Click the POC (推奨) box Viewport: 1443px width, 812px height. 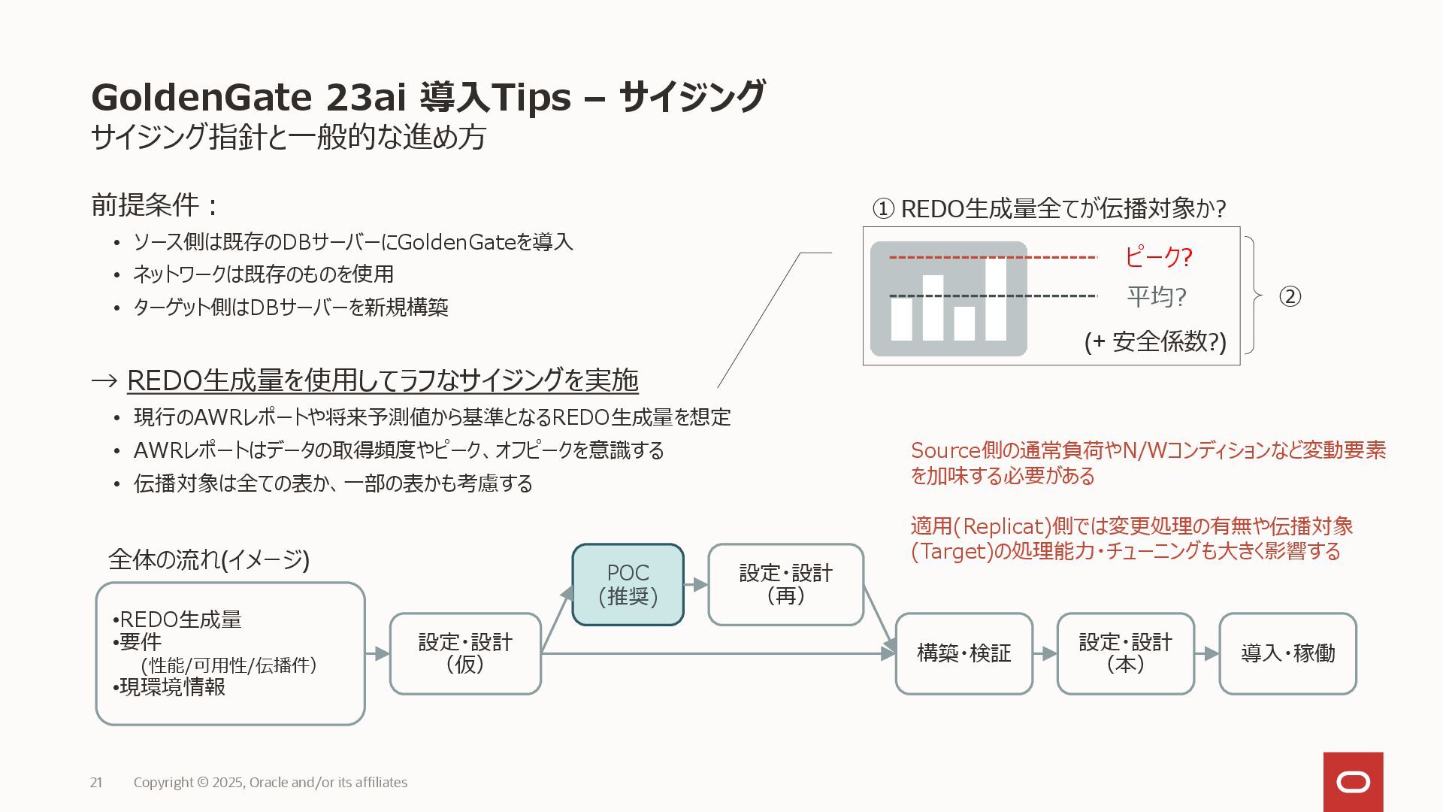(x=628, y=585)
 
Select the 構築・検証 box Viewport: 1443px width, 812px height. (x=964, y=653)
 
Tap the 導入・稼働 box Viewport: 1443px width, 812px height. (x=1287, y=653)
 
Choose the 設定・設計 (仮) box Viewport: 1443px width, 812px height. (x=465, y=653)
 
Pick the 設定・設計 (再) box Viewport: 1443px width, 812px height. (x=785, y=585)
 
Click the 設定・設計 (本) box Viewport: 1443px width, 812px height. (x=1125, y=653)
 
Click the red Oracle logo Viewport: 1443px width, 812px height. (x=1353, y=782)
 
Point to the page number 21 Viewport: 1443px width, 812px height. (x=96, y=783)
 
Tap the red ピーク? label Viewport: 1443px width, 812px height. (x=1158, y=257)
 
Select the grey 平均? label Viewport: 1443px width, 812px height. (x=1156, y=297)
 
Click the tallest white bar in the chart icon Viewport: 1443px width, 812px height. (x=996, y=299)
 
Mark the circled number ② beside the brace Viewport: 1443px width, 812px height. (x=1290, y=296)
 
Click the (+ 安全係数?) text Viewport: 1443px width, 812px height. (x=1154, y=342)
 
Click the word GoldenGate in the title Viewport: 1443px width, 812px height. (x=201, y=98)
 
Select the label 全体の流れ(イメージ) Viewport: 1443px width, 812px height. (x=209, y=559)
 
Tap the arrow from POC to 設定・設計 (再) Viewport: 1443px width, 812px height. (x=696, y=584)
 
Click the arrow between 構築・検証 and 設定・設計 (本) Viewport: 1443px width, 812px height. (x=1045, y=653)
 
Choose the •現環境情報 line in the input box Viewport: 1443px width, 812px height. (x=170, y=687)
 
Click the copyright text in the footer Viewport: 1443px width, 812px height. (x=271, y=783)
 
